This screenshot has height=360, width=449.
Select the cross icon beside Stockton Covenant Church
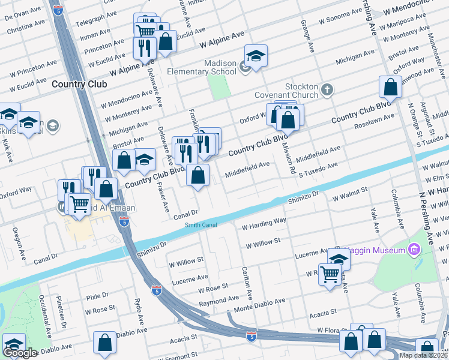tap(327, 90)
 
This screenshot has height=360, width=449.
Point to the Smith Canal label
tap(201, 225)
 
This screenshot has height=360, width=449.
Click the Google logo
tap(20, 353)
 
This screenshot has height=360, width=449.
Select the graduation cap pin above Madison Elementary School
tap(256, 57)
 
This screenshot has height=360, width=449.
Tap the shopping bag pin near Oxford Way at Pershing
tap(390, 87)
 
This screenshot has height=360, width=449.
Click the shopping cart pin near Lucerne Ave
tap(330, 275)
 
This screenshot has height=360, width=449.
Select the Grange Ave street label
tap(311, 36)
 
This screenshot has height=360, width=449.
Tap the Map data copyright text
tap(423, 355)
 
